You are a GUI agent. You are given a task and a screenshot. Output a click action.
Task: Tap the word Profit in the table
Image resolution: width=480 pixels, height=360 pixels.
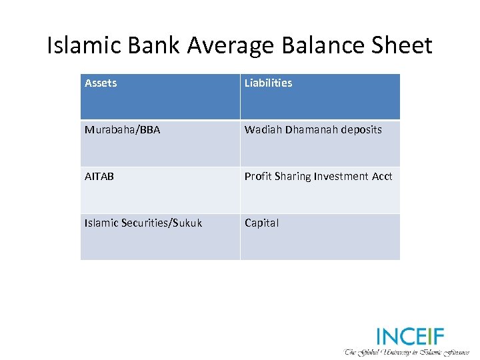pyautogui.click(x=257, y=177)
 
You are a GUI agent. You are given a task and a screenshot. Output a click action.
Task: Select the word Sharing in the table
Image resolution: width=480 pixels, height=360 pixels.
pyautogui.click(x=291, y=177)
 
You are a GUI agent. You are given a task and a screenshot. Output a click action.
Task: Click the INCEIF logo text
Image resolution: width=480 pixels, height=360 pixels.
pyautogui.click(x=410, y=336)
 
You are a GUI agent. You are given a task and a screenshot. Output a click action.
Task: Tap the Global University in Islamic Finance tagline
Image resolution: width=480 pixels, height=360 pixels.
pyautogui.click(x=407, y=351)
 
